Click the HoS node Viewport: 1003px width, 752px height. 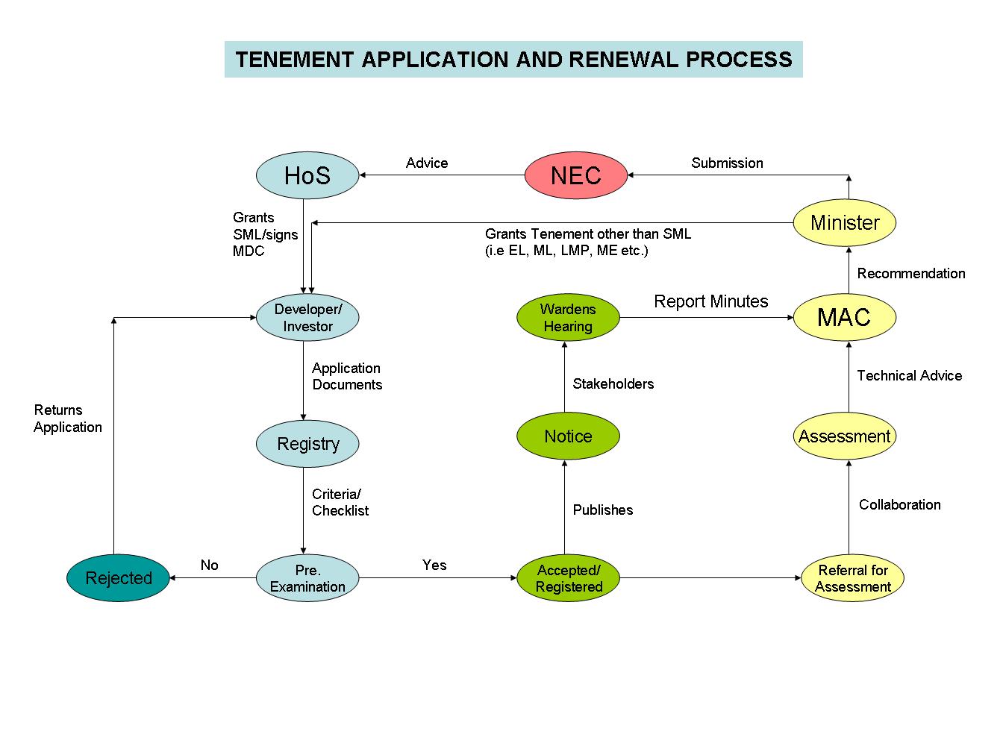pyautogui.click(x=307, y=175)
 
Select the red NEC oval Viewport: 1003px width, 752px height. pyautogui.click(x=575, y=175)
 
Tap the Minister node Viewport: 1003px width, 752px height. pyautogui.click(x=844, y=222)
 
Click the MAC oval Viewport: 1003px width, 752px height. pyautogui.click(x=844, y=317)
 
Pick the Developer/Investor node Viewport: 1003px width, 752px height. pyautogui.click(x=307, y=318)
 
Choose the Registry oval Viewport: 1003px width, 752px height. pyautogui.click(x=307, y=444)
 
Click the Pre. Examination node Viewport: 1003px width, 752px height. pyautogui.click(x=307, y=578)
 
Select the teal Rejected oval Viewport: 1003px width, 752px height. pyautogui.click(x=118, y=578)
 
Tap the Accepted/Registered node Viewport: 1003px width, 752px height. pyautogui.click(x=568, y=578)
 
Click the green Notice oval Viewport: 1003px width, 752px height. pyautogui.click(x=568, y=436)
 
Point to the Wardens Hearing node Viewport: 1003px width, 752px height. pyautogui.click(x=568, y=318)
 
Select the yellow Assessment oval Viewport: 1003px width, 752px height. pyautogui.click(x=844, y=436)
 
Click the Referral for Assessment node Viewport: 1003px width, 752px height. pyautogui.click(x=852, y=578)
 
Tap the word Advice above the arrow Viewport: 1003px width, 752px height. pyautogui.click(x=427, y=163)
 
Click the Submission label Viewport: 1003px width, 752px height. pyautogui.click(x=727, y=163)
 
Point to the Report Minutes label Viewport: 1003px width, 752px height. pyautogui.click(x=710, y=301)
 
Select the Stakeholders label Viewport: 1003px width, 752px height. pyautogui.click(x=613, y=383)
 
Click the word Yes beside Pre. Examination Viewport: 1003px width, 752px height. pyautogui.click(x=434, y=565)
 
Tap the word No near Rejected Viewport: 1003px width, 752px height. pyautogui.click(x=209, y=565)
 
